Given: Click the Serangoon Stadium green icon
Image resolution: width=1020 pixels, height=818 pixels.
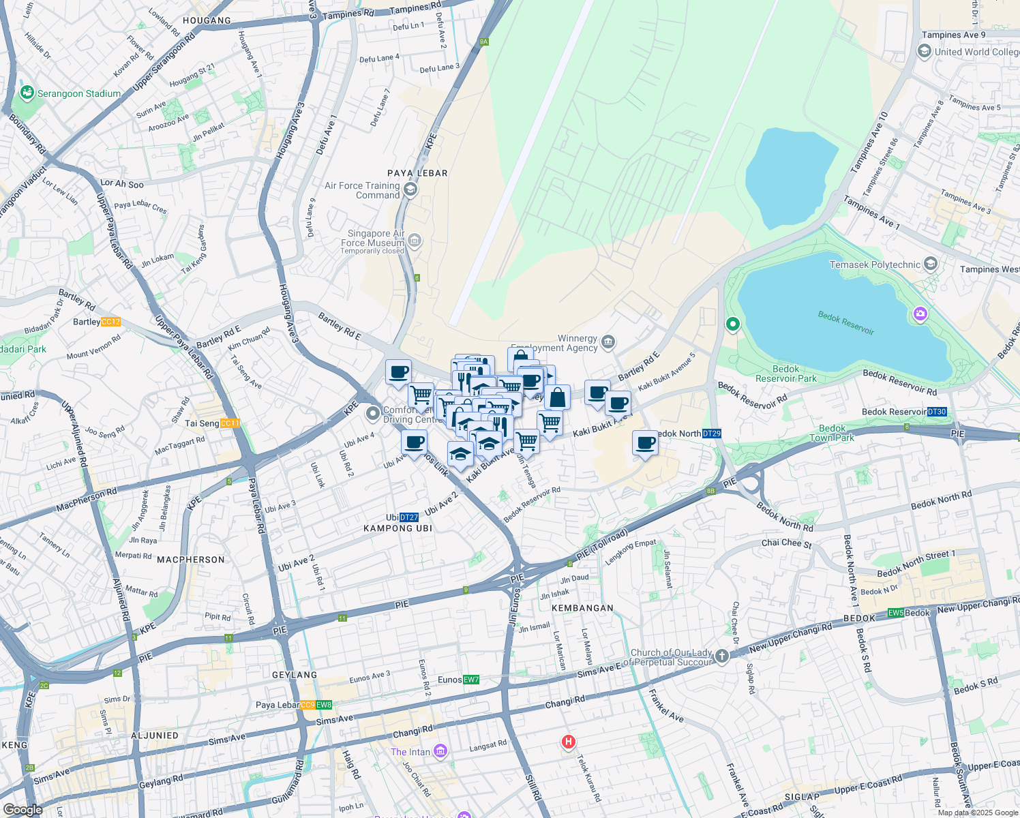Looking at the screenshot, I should click(x=27, y=93).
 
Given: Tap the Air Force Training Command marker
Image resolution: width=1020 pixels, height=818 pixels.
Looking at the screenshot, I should click(x=410, y=190).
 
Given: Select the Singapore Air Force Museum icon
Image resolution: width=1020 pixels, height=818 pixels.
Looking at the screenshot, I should click(x=415, y=241).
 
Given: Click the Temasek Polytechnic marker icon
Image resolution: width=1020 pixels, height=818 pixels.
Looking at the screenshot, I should click(x=931, y=264).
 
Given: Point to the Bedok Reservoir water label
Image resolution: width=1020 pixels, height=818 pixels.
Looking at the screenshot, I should click(x=845, y=322).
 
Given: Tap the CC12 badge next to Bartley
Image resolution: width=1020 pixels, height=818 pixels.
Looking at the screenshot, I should click(x=110, y=322).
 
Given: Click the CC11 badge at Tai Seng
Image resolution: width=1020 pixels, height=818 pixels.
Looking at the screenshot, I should click(x=230, y=423).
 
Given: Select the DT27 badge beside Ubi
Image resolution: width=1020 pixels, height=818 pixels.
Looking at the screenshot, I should click(x=408, y=517).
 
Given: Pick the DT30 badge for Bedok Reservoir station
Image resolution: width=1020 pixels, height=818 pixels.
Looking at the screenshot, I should click(x=937, y=412).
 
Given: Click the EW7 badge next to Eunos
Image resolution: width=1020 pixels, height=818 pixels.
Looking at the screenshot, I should click(x=471, y=680).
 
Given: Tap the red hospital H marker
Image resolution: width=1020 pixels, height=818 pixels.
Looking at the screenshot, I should click(x=568, y=742).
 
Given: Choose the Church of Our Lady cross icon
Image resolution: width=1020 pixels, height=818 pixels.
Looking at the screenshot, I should click(x=721, y=656).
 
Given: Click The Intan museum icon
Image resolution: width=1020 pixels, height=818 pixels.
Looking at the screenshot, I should click(x=440, y=752).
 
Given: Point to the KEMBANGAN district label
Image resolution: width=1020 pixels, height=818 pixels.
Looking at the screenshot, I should click(x=582, y=608).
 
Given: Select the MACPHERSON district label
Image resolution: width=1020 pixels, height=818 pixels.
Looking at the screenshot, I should click(x=191, y=560).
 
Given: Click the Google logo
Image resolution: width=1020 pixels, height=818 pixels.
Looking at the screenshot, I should click(x=22, y=810).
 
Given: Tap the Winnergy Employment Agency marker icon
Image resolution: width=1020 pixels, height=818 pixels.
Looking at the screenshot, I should click(x=607, y=342).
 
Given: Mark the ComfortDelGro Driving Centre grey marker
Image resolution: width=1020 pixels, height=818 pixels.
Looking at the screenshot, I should click(x=372, y=413).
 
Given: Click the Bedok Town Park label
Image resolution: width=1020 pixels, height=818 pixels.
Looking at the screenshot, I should click(x=832, y=434).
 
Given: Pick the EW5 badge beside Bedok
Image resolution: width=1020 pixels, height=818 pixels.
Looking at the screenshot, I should click(x=895, y=613).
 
